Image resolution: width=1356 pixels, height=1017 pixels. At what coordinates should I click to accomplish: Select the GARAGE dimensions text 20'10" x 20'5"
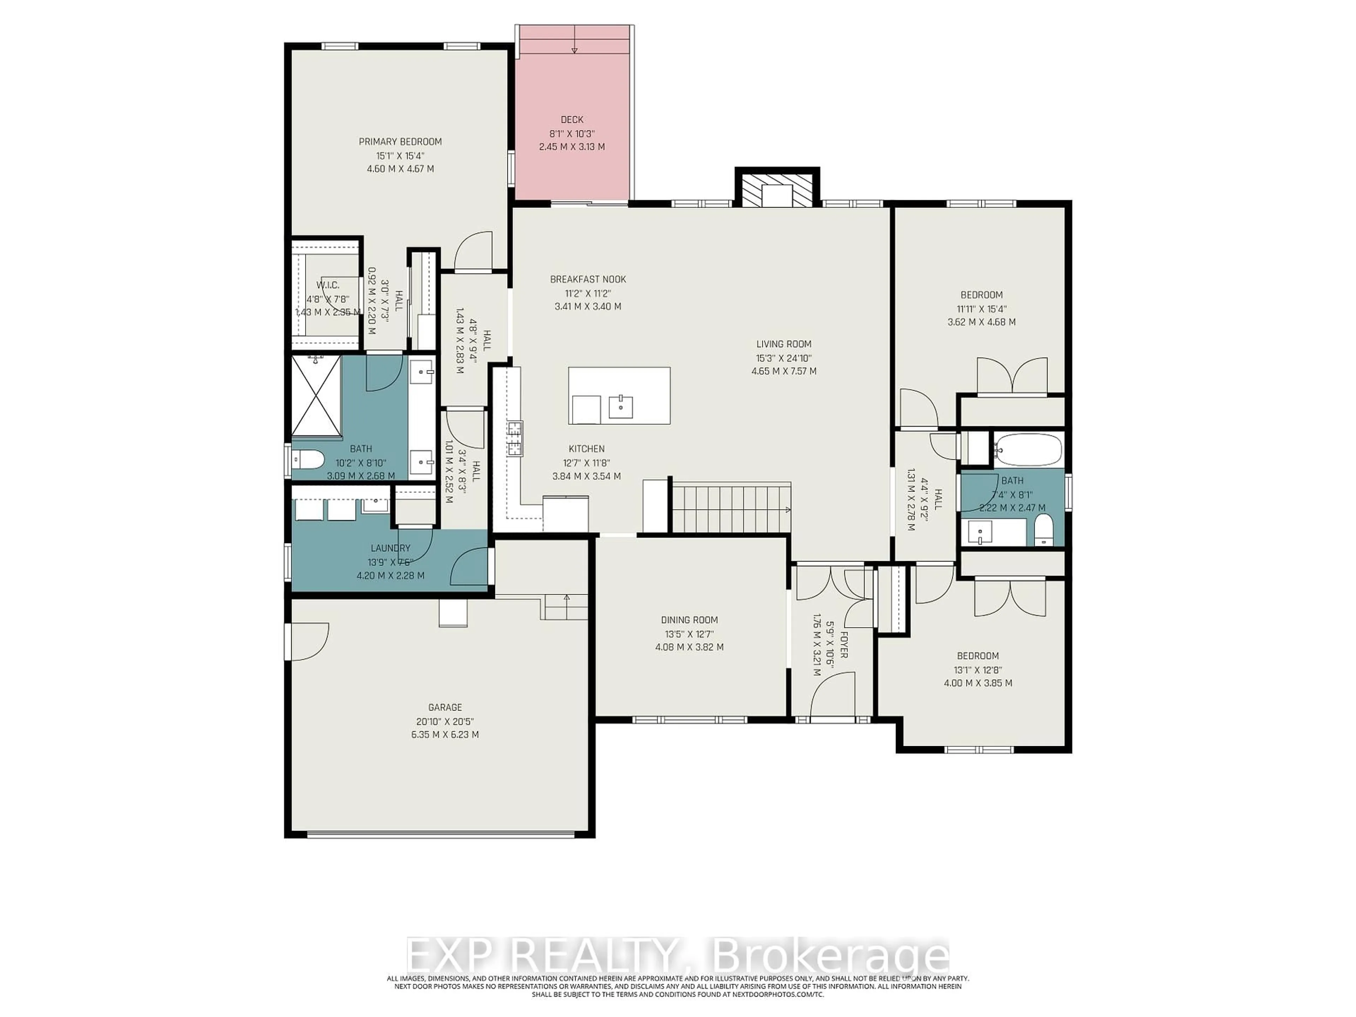click(445, 721)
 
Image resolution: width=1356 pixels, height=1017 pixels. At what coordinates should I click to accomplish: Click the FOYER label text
click(844, 644)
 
